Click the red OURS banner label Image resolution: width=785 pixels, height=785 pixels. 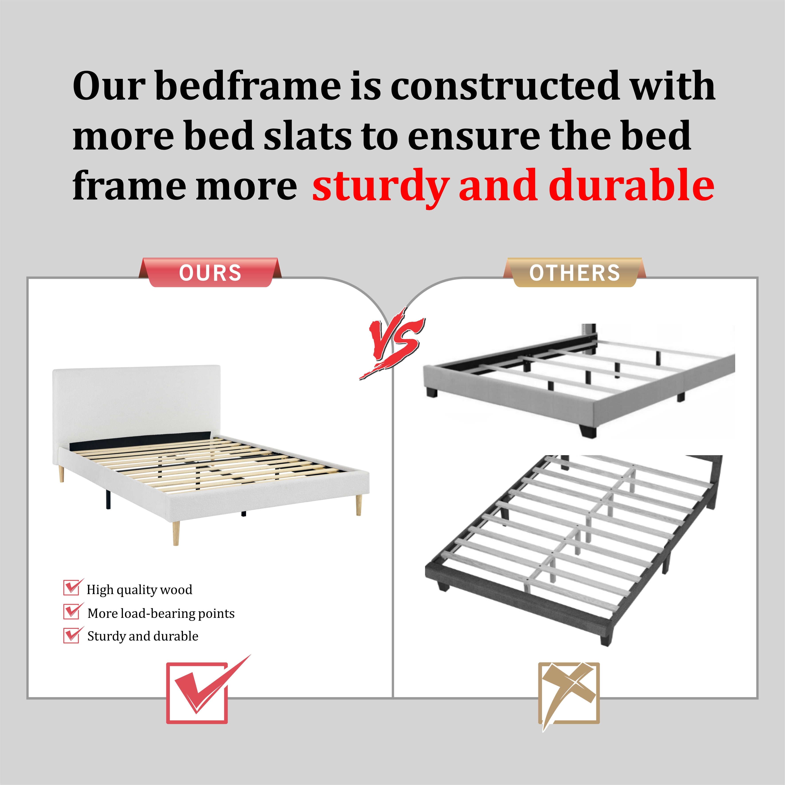point(210,272)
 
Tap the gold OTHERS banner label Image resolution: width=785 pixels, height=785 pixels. point(575,272)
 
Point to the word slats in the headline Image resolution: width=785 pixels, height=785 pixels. point(308,135)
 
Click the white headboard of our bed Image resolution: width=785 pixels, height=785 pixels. point(136,402)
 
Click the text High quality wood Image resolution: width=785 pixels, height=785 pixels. point(139,590)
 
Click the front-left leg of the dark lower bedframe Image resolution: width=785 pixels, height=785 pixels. point(442,586)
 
